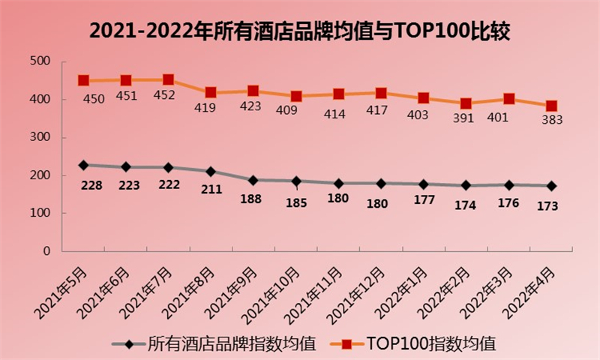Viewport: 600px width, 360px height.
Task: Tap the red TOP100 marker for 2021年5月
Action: click(x=83, y=80)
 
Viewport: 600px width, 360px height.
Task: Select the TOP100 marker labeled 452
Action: click(x=168, y=79)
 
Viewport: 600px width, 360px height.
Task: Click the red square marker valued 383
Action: click(x=551, y=106)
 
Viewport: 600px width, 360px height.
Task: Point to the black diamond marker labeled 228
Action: click(x=83, y=165)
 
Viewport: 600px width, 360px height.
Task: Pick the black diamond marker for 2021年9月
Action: click(x=253, y=180)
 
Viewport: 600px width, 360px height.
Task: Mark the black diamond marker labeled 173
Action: click(x=551, y=186)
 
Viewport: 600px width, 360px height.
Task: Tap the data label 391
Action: click(x=466, y=118)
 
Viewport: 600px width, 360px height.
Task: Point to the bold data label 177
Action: click(x=424, y=199)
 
